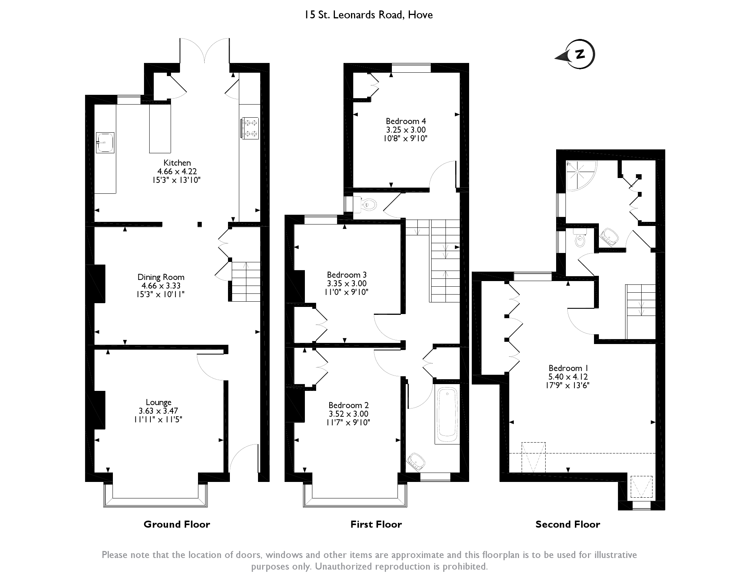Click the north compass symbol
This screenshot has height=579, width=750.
pos(576,55)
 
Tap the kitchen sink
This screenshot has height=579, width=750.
pos(105,143)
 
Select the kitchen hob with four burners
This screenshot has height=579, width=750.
pos(250,128)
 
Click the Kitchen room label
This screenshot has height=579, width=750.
pos(177,163)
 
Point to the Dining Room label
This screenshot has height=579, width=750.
pos(161,277)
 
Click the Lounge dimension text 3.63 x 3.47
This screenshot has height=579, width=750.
pos(159,411)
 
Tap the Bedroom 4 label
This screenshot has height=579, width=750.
pos(406,121)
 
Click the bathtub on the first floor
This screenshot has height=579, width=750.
pos(447,414)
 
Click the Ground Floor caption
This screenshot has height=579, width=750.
pos(177,524)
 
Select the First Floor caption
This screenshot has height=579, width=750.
pos(376,524)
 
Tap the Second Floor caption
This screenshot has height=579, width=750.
pos(568,524)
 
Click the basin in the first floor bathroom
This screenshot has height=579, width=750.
pos(416,461)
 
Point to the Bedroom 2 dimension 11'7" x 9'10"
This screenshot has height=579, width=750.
pos(348,423)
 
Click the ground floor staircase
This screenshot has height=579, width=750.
pos(246,282)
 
